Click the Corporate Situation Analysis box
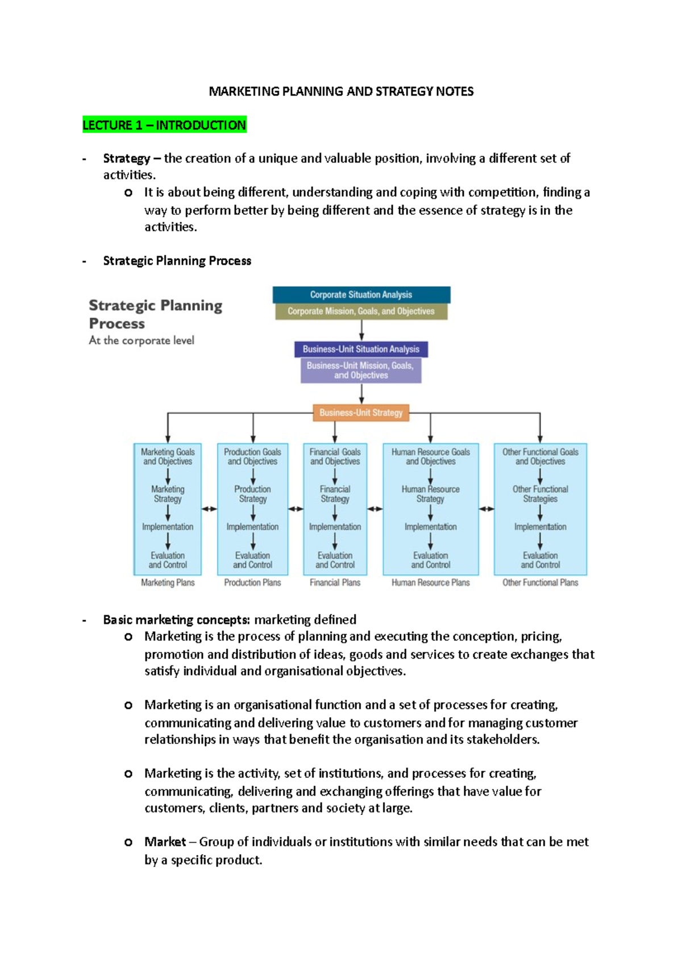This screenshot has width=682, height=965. point(361,294)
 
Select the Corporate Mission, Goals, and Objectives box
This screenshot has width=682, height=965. point(361,311)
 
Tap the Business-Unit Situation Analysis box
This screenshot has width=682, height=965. point(361,349)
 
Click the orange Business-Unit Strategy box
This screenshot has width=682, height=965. point(361,413)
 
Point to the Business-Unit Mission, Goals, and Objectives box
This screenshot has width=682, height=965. point(361,371)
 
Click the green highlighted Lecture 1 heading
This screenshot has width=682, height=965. point(164,125)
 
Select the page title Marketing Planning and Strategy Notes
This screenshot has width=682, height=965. point(341,91)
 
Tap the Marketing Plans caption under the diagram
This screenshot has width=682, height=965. point(168,583)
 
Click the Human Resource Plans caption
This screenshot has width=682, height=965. point(430,583)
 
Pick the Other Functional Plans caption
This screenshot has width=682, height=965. point(540,583)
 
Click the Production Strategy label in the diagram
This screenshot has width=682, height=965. point(252,494)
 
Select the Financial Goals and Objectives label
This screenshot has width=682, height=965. point(335,457)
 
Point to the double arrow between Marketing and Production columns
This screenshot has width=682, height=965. point(209,509)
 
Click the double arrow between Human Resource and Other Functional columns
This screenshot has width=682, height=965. point(486,509)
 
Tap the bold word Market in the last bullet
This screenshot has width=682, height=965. point(165,842)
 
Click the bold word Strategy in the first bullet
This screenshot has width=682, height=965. point(126,159)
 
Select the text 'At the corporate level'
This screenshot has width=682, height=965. point(142,340)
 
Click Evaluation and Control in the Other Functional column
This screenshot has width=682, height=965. point(540,560)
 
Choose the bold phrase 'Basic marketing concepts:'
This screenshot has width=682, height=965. point(176,619)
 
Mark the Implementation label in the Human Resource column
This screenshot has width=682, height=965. point(430,527)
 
